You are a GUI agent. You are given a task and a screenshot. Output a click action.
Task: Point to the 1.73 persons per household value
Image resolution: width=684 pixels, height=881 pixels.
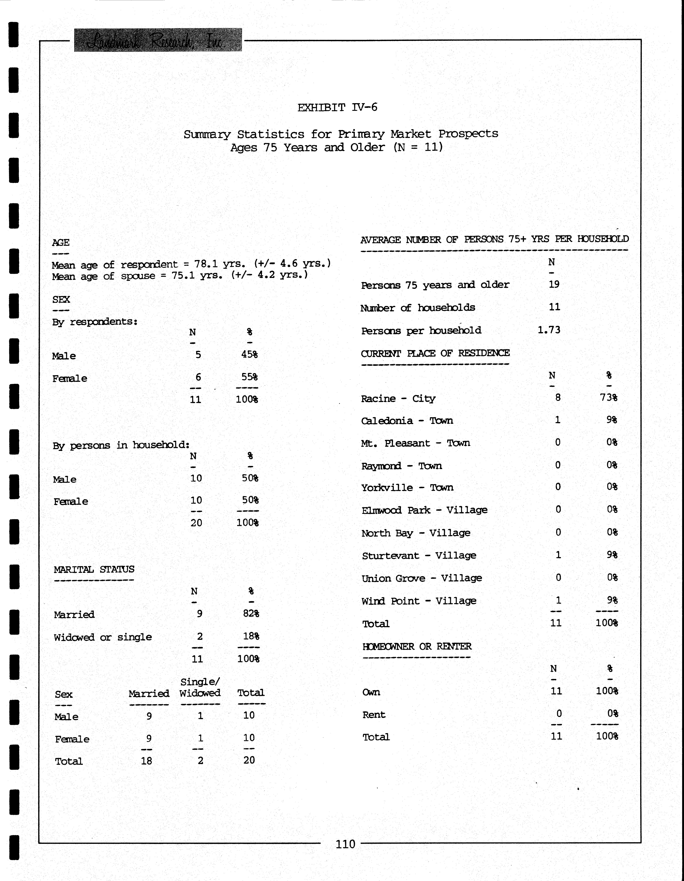pos(549,330)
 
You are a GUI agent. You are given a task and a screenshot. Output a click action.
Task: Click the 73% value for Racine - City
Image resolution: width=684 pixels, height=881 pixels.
pos(608,397)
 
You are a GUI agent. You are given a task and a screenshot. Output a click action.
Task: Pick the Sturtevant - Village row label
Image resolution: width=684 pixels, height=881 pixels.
pos(419,555)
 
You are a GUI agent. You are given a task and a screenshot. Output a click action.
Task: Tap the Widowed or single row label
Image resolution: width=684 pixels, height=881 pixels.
pos(103,637)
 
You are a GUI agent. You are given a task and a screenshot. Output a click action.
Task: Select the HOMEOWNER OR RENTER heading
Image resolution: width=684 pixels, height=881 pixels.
pos(417,646)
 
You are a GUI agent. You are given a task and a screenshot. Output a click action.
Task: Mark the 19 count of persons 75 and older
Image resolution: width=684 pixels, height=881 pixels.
pos(554,284)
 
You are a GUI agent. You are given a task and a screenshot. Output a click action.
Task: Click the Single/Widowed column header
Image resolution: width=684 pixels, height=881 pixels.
pos(200,687)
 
